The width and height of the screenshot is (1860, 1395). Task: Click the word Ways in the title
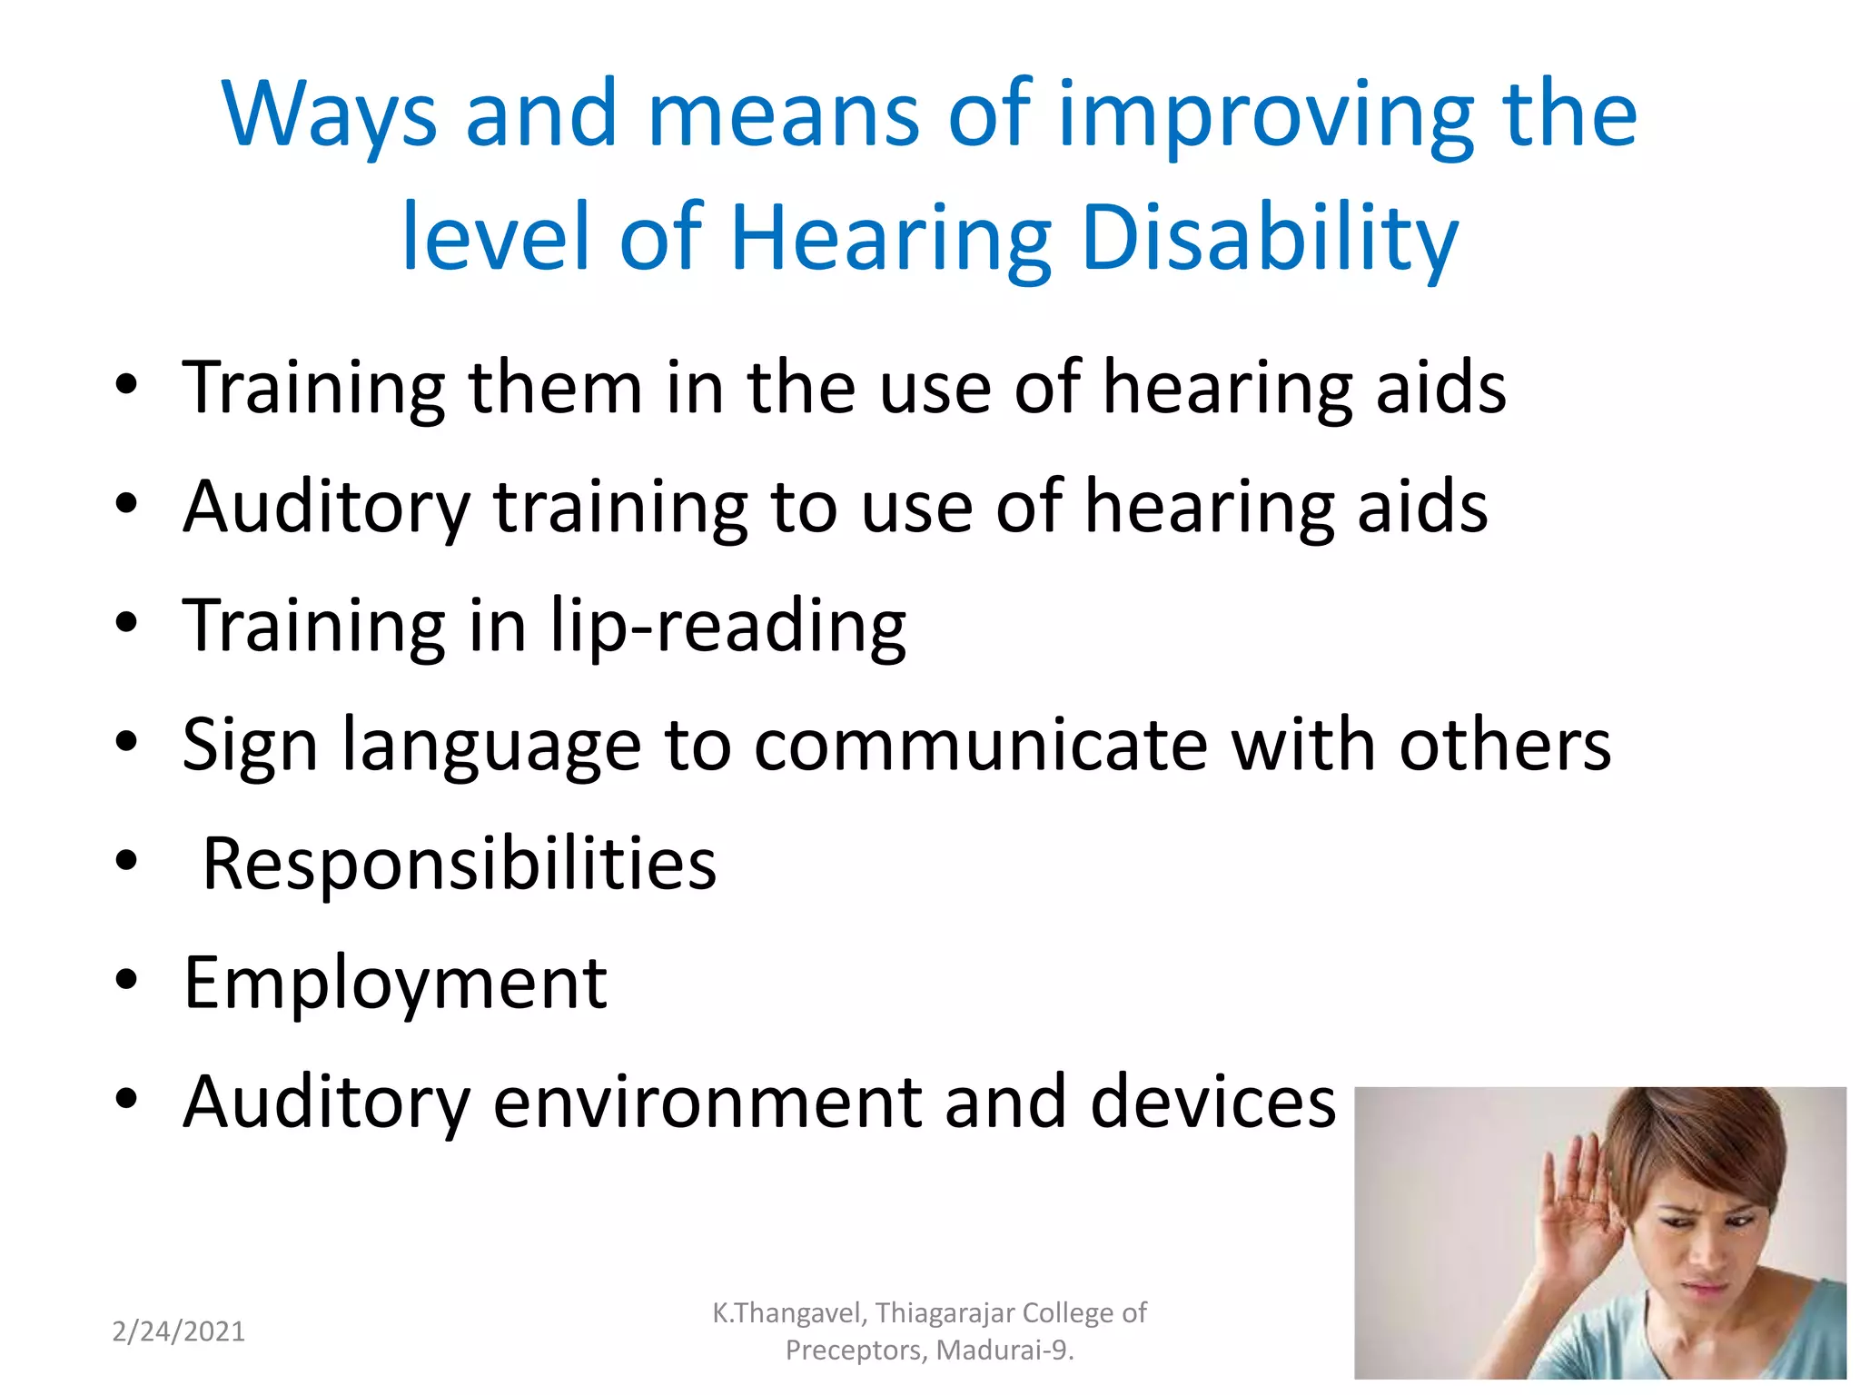[329, 114]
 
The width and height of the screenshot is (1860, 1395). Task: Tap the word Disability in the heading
[1270, 238]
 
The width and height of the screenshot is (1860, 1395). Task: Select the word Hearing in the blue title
[890, 238]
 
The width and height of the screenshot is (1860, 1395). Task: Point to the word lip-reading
[728, 626]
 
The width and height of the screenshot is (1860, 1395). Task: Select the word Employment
[395, 983]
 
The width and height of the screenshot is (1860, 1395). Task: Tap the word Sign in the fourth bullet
[250, 745]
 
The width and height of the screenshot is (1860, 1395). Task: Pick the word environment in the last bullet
[707, 1102]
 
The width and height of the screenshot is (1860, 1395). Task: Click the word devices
[1212, 1102]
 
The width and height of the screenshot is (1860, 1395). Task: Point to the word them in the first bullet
[555, 388]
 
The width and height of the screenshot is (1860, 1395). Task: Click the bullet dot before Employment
[126, 980]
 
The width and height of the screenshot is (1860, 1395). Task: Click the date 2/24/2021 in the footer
[178, 1331]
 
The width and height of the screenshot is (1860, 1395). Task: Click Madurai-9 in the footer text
[1004, 1350]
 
